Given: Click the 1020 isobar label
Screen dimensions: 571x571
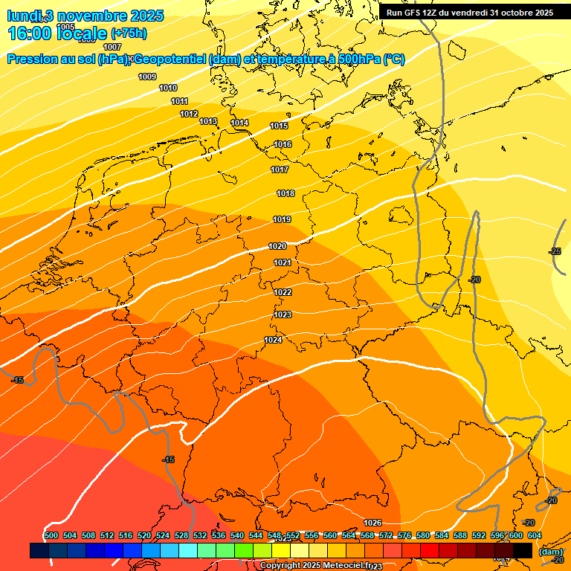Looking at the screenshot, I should click(x=277, y=246).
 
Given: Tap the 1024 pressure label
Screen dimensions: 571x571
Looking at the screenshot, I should click(x=273, y=340).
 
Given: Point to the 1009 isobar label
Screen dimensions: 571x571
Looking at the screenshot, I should click(x=147, y=77).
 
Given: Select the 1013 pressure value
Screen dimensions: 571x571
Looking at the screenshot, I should click(x=208, y=121).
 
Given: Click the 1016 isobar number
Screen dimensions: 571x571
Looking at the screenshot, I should click(x=283, y=144).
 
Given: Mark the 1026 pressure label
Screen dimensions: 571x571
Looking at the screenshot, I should click(x=372, y=523).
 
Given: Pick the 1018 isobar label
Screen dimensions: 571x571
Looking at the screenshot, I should click(x=285, y=193).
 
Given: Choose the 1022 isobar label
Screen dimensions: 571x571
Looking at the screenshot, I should click(x=283, y=292).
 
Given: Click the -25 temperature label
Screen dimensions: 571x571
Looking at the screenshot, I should click(x=555, y=252).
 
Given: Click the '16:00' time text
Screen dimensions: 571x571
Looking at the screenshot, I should click(x=29, y=34).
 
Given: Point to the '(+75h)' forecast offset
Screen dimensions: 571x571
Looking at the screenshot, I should click(x=128, y=34).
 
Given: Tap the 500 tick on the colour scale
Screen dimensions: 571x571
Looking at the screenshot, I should click(x=51, y=535).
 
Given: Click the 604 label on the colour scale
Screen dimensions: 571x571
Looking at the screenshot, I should click(x=534, y=535).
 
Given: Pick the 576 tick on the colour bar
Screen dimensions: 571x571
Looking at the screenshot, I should click(x=404, y=535).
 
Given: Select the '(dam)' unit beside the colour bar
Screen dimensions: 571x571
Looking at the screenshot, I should click(x=551, y=551).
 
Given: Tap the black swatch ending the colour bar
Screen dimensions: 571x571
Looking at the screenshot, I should click(x=522, y=550).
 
